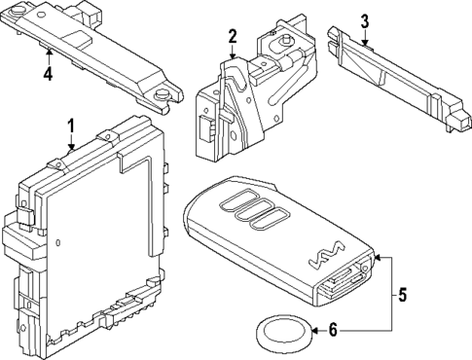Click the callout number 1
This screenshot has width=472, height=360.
69,126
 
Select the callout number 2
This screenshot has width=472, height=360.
233,37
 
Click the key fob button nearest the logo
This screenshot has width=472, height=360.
272,222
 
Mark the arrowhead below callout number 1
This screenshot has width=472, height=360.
69,147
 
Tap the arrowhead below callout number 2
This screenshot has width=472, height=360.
233,58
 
